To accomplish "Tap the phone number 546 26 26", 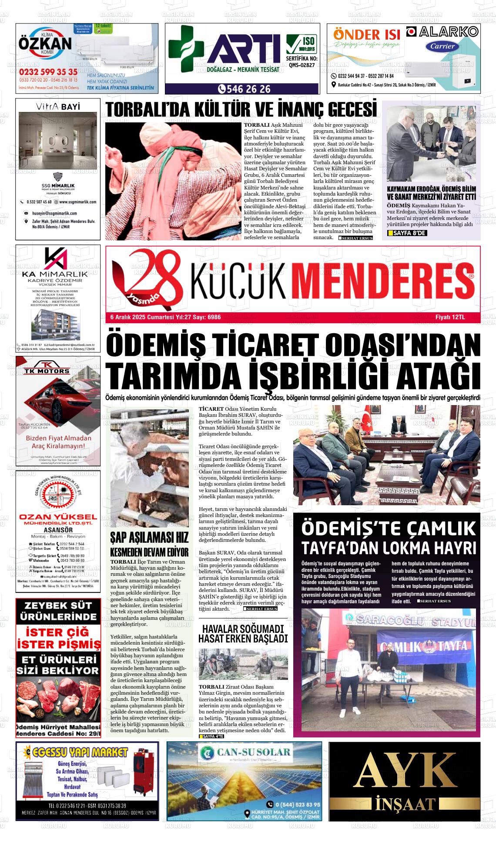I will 244,89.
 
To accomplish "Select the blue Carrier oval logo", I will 442,46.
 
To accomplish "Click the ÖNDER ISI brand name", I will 366,34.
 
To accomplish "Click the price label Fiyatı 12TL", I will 450,317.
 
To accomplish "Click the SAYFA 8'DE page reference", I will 407,233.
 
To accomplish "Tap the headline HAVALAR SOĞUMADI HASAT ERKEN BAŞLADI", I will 243,634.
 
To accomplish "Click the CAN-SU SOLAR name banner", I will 244,752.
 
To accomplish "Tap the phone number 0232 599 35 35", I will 48,72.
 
